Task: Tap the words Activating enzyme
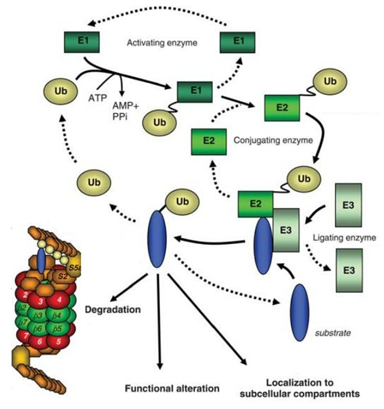pyautogui.click(x=162, y=42)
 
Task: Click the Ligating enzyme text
pyautogui.click(x=348, y=238)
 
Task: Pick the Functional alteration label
pyautogui.click(x=171, y=389)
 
